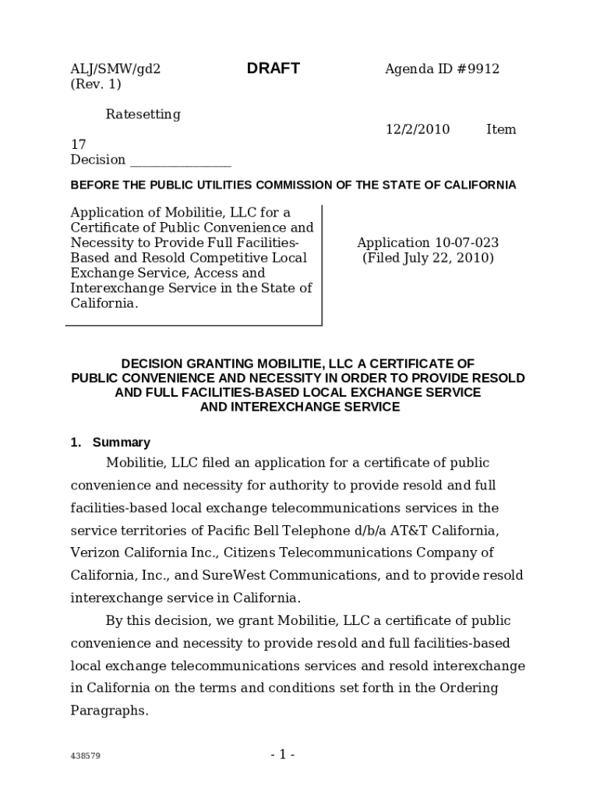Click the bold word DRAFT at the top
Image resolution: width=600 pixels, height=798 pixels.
pos(273,69)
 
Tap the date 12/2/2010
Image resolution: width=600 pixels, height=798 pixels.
pos(417,129)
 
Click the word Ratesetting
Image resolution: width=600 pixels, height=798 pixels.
pos(143,115)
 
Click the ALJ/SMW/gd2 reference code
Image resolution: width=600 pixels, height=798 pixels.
pos(115,69)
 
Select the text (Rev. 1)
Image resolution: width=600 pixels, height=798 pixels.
pos(96,84)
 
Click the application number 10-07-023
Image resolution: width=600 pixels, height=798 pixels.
pos(465,243)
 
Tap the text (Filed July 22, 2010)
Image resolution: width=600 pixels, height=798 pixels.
pos(428,258)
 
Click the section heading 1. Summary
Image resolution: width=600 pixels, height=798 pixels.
pos(110,443)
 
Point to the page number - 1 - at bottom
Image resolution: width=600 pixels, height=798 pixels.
pos(282,754)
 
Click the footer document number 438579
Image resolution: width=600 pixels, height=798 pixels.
pos(85,756)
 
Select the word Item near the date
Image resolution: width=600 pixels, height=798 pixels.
pos(501,129)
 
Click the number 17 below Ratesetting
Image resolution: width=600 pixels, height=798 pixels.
pos(78,144)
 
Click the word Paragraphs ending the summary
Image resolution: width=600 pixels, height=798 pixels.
pos(109,711)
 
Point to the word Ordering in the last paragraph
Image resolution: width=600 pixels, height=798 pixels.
pos(468,689)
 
